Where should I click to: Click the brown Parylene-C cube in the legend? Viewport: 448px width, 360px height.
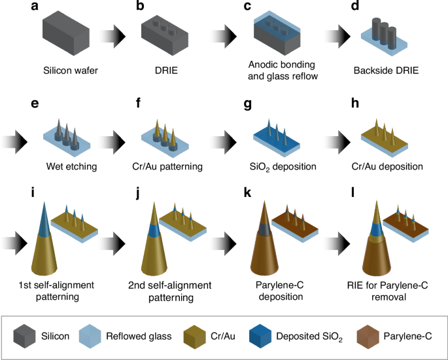tap(367, 336)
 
